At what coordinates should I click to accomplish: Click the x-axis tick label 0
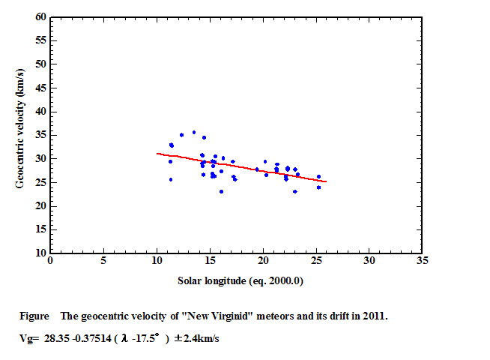pyautogui.click(x=50, y=262)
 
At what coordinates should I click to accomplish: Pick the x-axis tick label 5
pyautogui.click(x=103, y=262)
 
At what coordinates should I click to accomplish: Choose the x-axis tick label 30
pyautogui.click(x=369, y=262)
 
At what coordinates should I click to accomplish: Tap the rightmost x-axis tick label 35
pyautogui.click(x=423, y=262)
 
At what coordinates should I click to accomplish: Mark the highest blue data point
pyautogui.click(x=193, y=133)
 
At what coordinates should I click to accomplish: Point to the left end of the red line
pyautogui.click(x=157, y=153)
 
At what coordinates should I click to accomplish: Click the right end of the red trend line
pyautogui.click(x=326, y=181)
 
